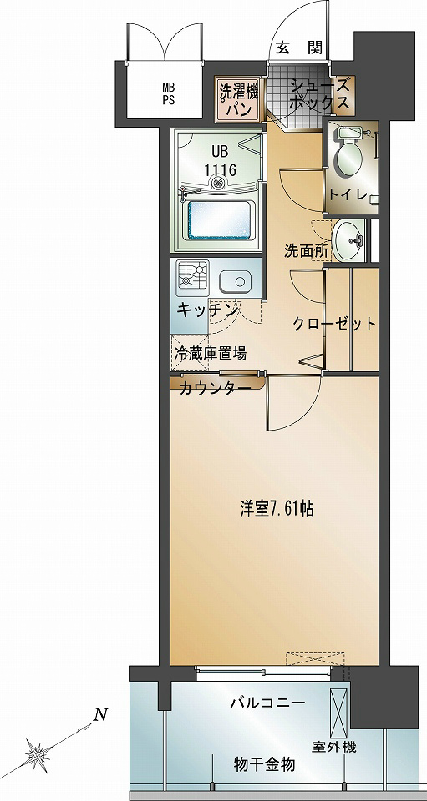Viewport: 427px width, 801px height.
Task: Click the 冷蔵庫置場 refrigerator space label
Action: pyautogui.click(x=210, y=352)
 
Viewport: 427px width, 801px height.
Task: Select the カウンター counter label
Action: pyautogui.click(x=215, y=389)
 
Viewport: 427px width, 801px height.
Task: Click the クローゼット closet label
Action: pyautogui.click(x=333, y=325)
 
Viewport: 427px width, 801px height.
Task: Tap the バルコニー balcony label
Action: pyautogui.click(x=268, y=703)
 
